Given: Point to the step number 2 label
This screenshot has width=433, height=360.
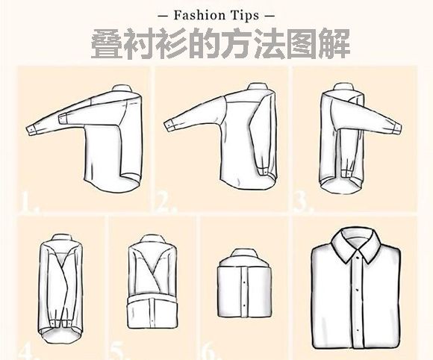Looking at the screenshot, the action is (x=166, y=202).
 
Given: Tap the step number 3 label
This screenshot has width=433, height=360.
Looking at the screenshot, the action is (x=303, y=202).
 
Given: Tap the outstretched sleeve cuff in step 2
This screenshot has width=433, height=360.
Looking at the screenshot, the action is (x=169, y=125).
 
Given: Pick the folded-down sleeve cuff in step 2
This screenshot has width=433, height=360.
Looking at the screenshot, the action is (x=264, y=170).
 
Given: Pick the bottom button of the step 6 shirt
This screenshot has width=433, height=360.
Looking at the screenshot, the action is (x=244, y=306).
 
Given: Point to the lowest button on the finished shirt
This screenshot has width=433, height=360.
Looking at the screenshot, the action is (x=358, y=330).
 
